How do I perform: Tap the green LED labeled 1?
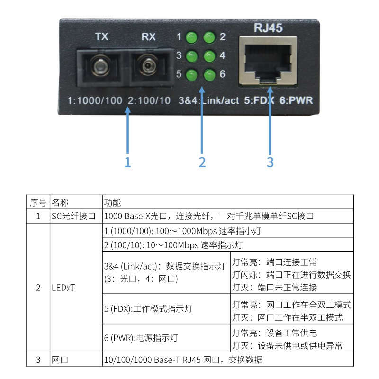point(191,37)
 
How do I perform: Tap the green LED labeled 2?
point(209,37)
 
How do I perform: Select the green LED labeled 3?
point(191,56)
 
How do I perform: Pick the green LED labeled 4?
point(209,56)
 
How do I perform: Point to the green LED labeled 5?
point(191,74)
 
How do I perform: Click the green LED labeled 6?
point(209,74)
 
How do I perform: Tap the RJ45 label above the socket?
point(268,28)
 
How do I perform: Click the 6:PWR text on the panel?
point(296,100)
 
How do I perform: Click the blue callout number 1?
point(127,162)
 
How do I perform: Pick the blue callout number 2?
point(202,162)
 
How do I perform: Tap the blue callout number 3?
point(270,162)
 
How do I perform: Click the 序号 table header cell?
point(38,203)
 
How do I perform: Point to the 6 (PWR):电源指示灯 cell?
point(166,338)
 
